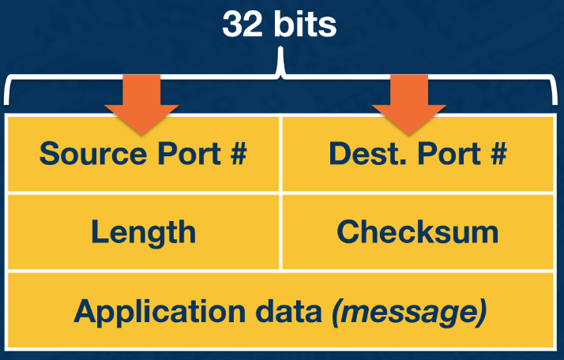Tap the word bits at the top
point(304,24)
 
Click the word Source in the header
point(83,153)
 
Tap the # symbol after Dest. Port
point(497,153)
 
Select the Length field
point(143,231)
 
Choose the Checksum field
point(418,231)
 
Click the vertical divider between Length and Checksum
point(280,231)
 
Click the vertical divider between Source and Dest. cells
point(280,153)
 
